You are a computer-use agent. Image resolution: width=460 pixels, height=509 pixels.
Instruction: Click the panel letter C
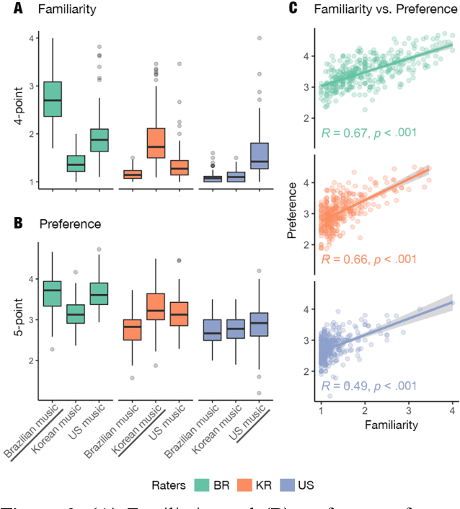(x=293, y=9)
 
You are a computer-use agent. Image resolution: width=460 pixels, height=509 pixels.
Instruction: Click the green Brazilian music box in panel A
(x=52, y=99)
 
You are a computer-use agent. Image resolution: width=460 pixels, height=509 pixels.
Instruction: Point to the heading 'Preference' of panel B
(x=70, y=224)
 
